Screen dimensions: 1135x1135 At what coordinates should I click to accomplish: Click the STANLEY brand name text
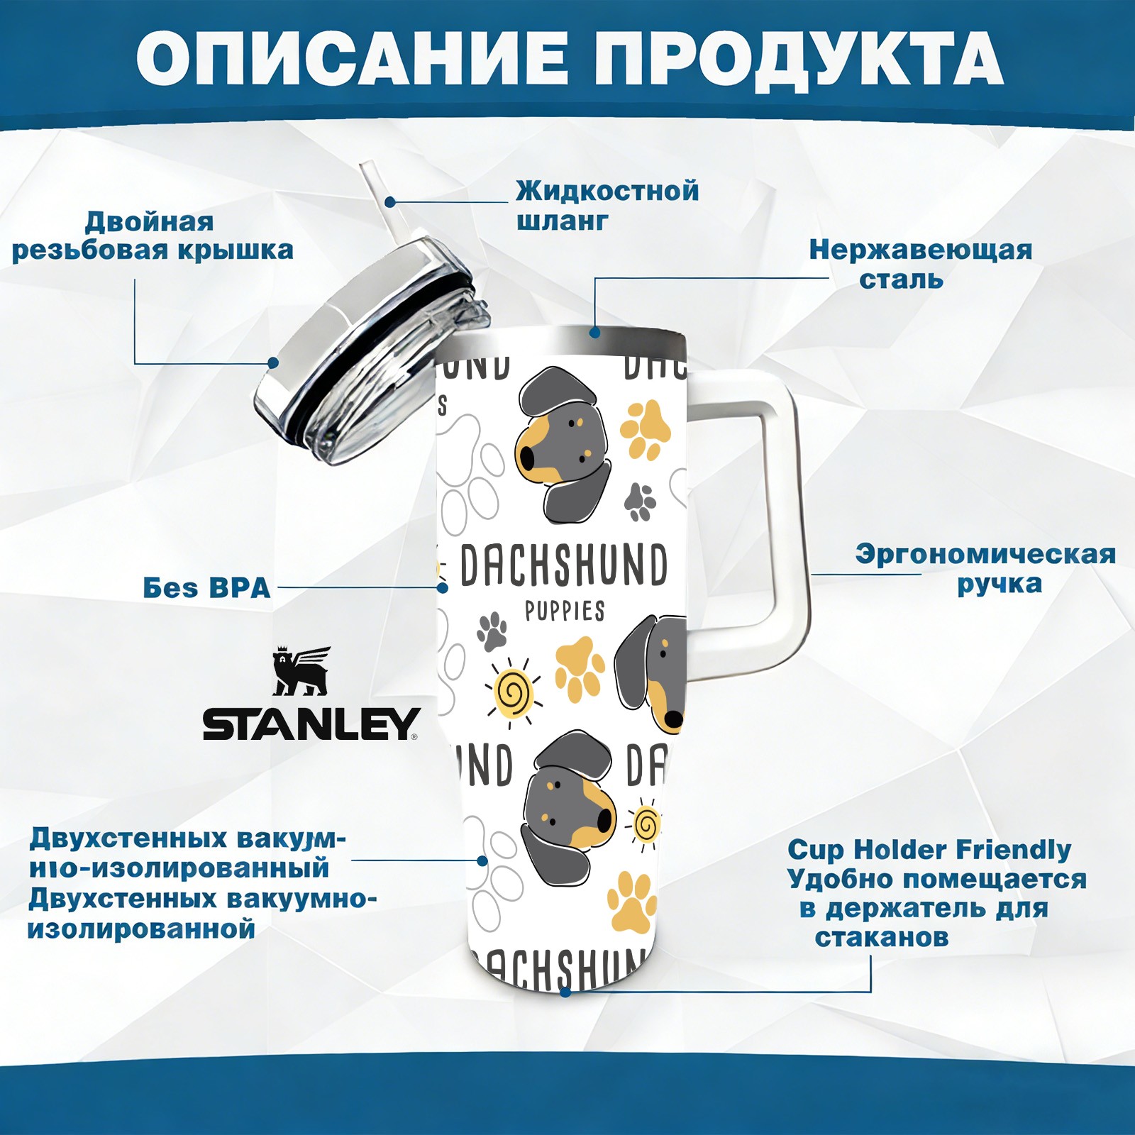pyautogui.click(x=310, y=724)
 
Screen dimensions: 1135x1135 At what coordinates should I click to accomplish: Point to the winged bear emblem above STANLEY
pyautogui.click(x=301, y=671)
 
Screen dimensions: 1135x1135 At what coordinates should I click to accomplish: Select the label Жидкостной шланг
pyautogui.click(x=607, y=206)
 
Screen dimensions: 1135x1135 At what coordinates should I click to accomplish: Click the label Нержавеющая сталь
pyautogui.click(x=920, y=264)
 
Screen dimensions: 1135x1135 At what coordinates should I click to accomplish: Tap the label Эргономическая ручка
pyautogui.click(x=985, y=568)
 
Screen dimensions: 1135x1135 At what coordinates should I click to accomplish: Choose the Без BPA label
pyautogui.click(x=206, y=588)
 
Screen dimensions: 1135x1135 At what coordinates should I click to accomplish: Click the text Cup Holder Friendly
pyautogui.click(x=929, y=849)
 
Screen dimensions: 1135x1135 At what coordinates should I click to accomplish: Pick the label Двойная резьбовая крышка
pyautogui.click(x=152, y=236)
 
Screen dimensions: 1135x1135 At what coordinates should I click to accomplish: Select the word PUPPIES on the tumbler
pyautogui.click(x=565, y=611)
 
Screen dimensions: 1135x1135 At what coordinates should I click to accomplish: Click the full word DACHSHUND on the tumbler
pyautogui.click(x=564, y=566)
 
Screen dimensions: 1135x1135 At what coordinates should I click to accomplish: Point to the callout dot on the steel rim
pyautogui.click(x=594, y=332)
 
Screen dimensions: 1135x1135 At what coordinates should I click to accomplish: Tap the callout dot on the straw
pyautogui.click(x=389, y=202)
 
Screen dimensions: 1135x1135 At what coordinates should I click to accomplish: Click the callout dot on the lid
pyautogui.click(x=272, y=363)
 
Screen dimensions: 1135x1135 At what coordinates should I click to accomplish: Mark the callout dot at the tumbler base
pyautogui.click(x=565, y=991)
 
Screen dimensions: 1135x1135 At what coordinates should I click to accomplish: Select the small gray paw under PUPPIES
pyautogui.click(x=492, y=631)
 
